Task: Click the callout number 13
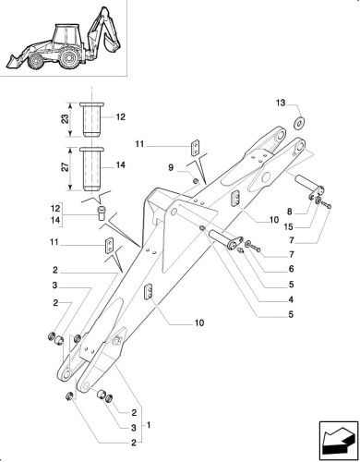click(x=281, y=103)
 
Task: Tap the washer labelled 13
click(x=299, y=122)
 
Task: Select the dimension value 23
click(x=66, y=119)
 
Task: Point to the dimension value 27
click(x=66, y=167)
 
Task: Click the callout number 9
click(x=171, y=168)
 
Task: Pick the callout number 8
click(x=289, y=212)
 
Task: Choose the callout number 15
click(x=289, y=227)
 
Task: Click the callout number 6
click(x=291, y=269)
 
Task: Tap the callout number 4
click(x=291, y=299)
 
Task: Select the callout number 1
click(x=149, y=425)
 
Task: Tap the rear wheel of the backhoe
click(x=69, y=58)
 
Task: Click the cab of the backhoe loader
click(x=66, y=35)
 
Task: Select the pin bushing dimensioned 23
click(x=91, y=119)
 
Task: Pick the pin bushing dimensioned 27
click(x=91, y=169)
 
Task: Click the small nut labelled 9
click(x=195, y=180)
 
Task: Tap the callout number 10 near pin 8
click(x=273, y=220)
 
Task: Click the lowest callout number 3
click(x=134, y=428)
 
